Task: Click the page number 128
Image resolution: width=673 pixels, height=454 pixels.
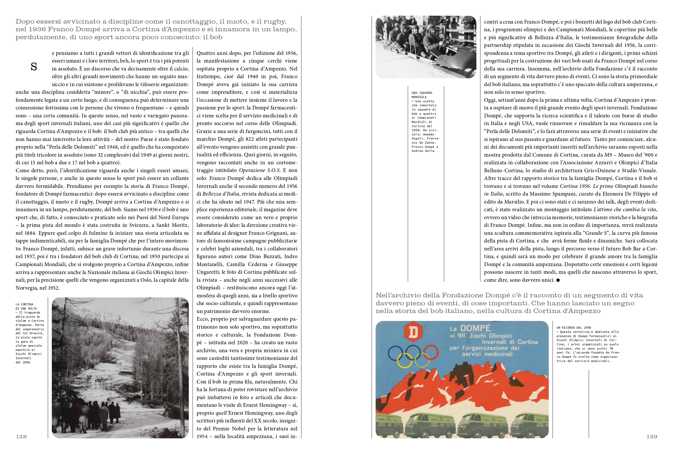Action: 21,437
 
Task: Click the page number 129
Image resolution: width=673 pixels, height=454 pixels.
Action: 652,437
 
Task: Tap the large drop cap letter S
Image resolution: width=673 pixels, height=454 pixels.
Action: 34,67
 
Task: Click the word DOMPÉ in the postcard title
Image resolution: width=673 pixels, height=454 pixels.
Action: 475,328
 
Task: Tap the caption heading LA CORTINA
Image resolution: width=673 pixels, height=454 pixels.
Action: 24,304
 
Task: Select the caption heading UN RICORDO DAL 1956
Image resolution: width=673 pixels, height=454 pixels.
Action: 573,328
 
